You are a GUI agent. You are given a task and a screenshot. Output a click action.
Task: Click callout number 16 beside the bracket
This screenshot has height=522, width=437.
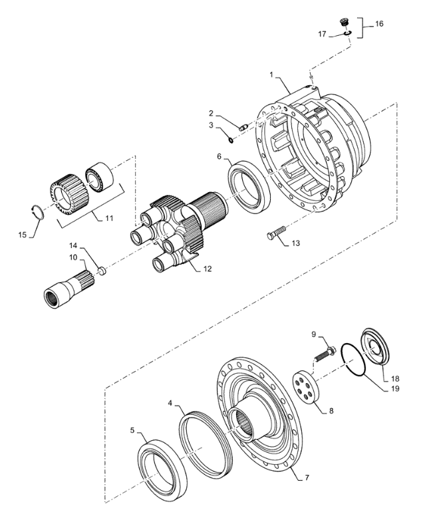379,24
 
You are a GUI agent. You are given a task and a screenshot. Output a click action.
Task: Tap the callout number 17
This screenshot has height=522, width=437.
322,34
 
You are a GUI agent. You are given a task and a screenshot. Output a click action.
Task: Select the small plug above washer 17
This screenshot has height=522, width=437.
345,22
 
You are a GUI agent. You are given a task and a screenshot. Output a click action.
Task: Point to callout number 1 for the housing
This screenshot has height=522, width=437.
271,75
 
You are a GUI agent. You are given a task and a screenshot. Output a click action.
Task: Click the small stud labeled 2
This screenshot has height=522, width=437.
243,127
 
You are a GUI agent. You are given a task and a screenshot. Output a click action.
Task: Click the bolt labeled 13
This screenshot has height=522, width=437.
277,232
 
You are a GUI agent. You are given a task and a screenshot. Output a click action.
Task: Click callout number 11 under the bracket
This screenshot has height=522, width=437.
109,218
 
